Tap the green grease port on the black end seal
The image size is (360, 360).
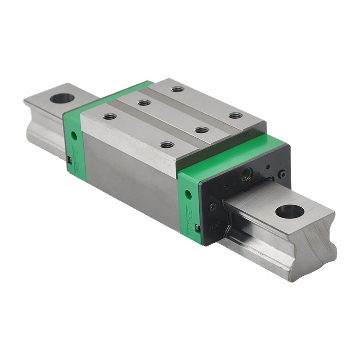point(246,174)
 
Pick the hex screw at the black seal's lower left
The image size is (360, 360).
point(212,207)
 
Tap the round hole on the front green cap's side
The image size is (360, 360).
point(188,195)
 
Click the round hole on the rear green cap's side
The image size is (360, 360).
point(73,135)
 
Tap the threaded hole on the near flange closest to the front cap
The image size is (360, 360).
point(167,145)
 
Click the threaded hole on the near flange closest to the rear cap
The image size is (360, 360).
point(110,117)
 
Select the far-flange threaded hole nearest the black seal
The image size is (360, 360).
point(235,115)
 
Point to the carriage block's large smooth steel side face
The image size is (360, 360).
point(130,180)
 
